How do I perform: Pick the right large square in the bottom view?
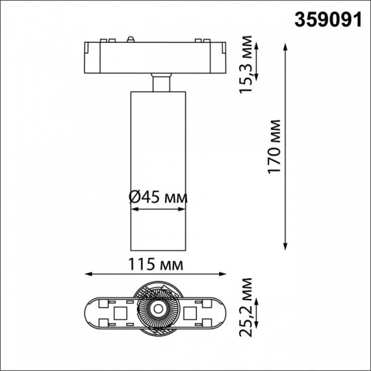(x=192, y=312)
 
